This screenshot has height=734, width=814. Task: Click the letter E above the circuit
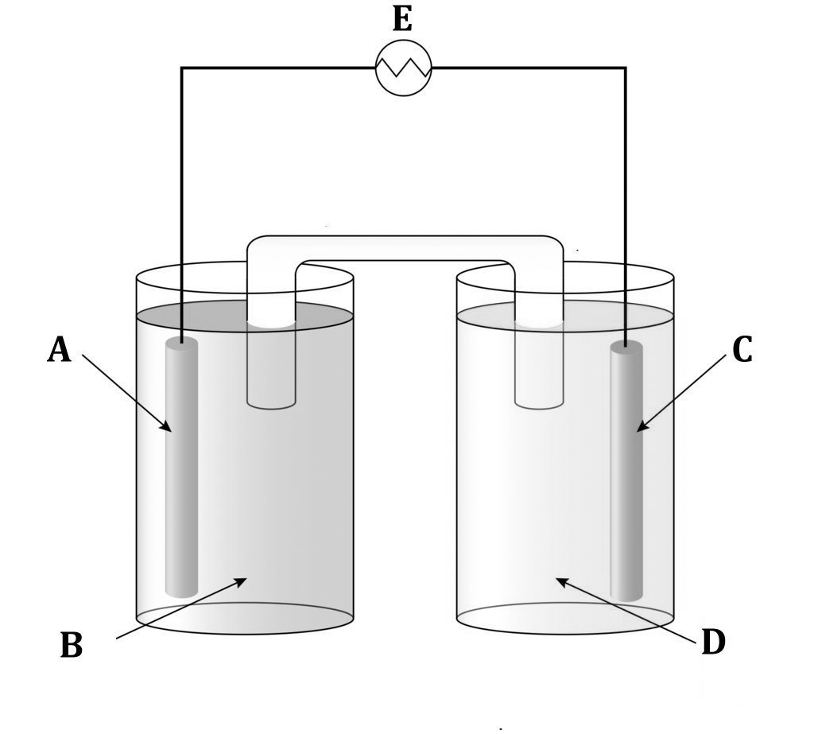[x=402, y=19]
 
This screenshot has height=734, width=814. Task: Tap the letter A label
[x=58, y=349]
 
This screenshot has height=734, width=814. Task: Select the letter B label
[x=71, y=646]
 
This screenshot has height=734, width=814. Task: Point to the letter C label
[x=741, y=349]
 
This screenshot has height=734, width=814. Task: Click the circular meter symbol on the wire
[x=403, y=68]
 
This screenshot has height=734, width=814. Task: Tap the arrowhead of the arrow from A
[x=168, y=428]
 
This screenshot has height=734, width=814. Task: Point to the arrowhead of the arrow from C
[x=640, y=429]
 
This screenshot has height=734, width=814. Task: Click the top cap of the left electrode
[x=182, y=343]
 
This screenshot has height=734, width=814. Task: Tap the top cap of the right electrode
[x=626, y=346]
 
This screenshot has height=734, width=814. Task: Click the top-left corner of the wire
[x=182, y=68]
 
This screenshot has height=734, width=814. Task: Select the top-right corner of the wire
[x=626, y=68]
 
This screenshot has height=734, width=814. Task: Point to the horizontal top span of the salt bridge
[x=405, y=248]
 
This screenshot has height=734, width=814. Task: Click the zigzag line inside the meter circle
[x=403, y=68]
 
